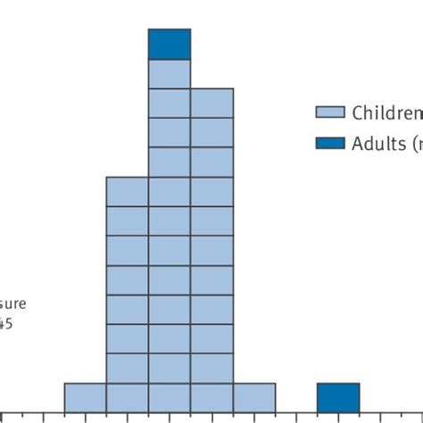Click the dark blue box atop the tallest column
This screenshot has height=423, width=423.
click(x=170, y=44)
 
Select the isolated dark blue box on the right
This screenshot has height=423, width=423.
click(x=338, y=397)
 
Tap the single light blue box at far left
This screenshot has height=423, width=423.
click(x=85, y=397)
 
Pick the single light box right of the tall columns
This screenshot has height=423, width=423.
click(x=254, y=397)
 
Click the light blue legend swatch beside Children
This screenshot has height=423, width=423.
click(x=329, y=112)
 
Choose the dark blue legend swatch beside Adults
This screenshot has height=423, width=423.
click(x=329, y=143)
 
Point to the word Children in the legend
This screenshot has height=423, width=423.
click(x=386, y=112)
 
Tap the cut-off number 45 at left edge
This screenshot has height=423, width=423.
click(x=5, y=324)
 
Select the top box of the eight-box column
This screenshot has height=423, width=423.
click(x=128, y=191)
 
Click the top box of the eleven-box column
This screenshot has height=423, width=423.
click(x=212, y=103)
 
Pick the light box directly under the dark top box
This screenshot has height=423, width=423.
click(x=170, y=73)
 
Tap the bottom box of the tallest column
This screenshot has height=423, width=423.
click(x=170, y=397)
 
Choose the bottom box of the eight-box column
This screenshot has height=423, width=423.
click(x=128, y=397)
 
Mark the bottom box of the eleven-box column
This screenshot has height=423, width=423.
click(x=212, y=397)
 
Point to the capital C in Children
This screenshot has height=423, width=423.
click(x=357, y=112)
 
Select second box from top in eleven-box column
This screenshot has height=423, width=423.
click(x=212, y=132)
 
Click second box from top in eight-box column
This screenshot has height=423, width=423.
click(x=128, y=220)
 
